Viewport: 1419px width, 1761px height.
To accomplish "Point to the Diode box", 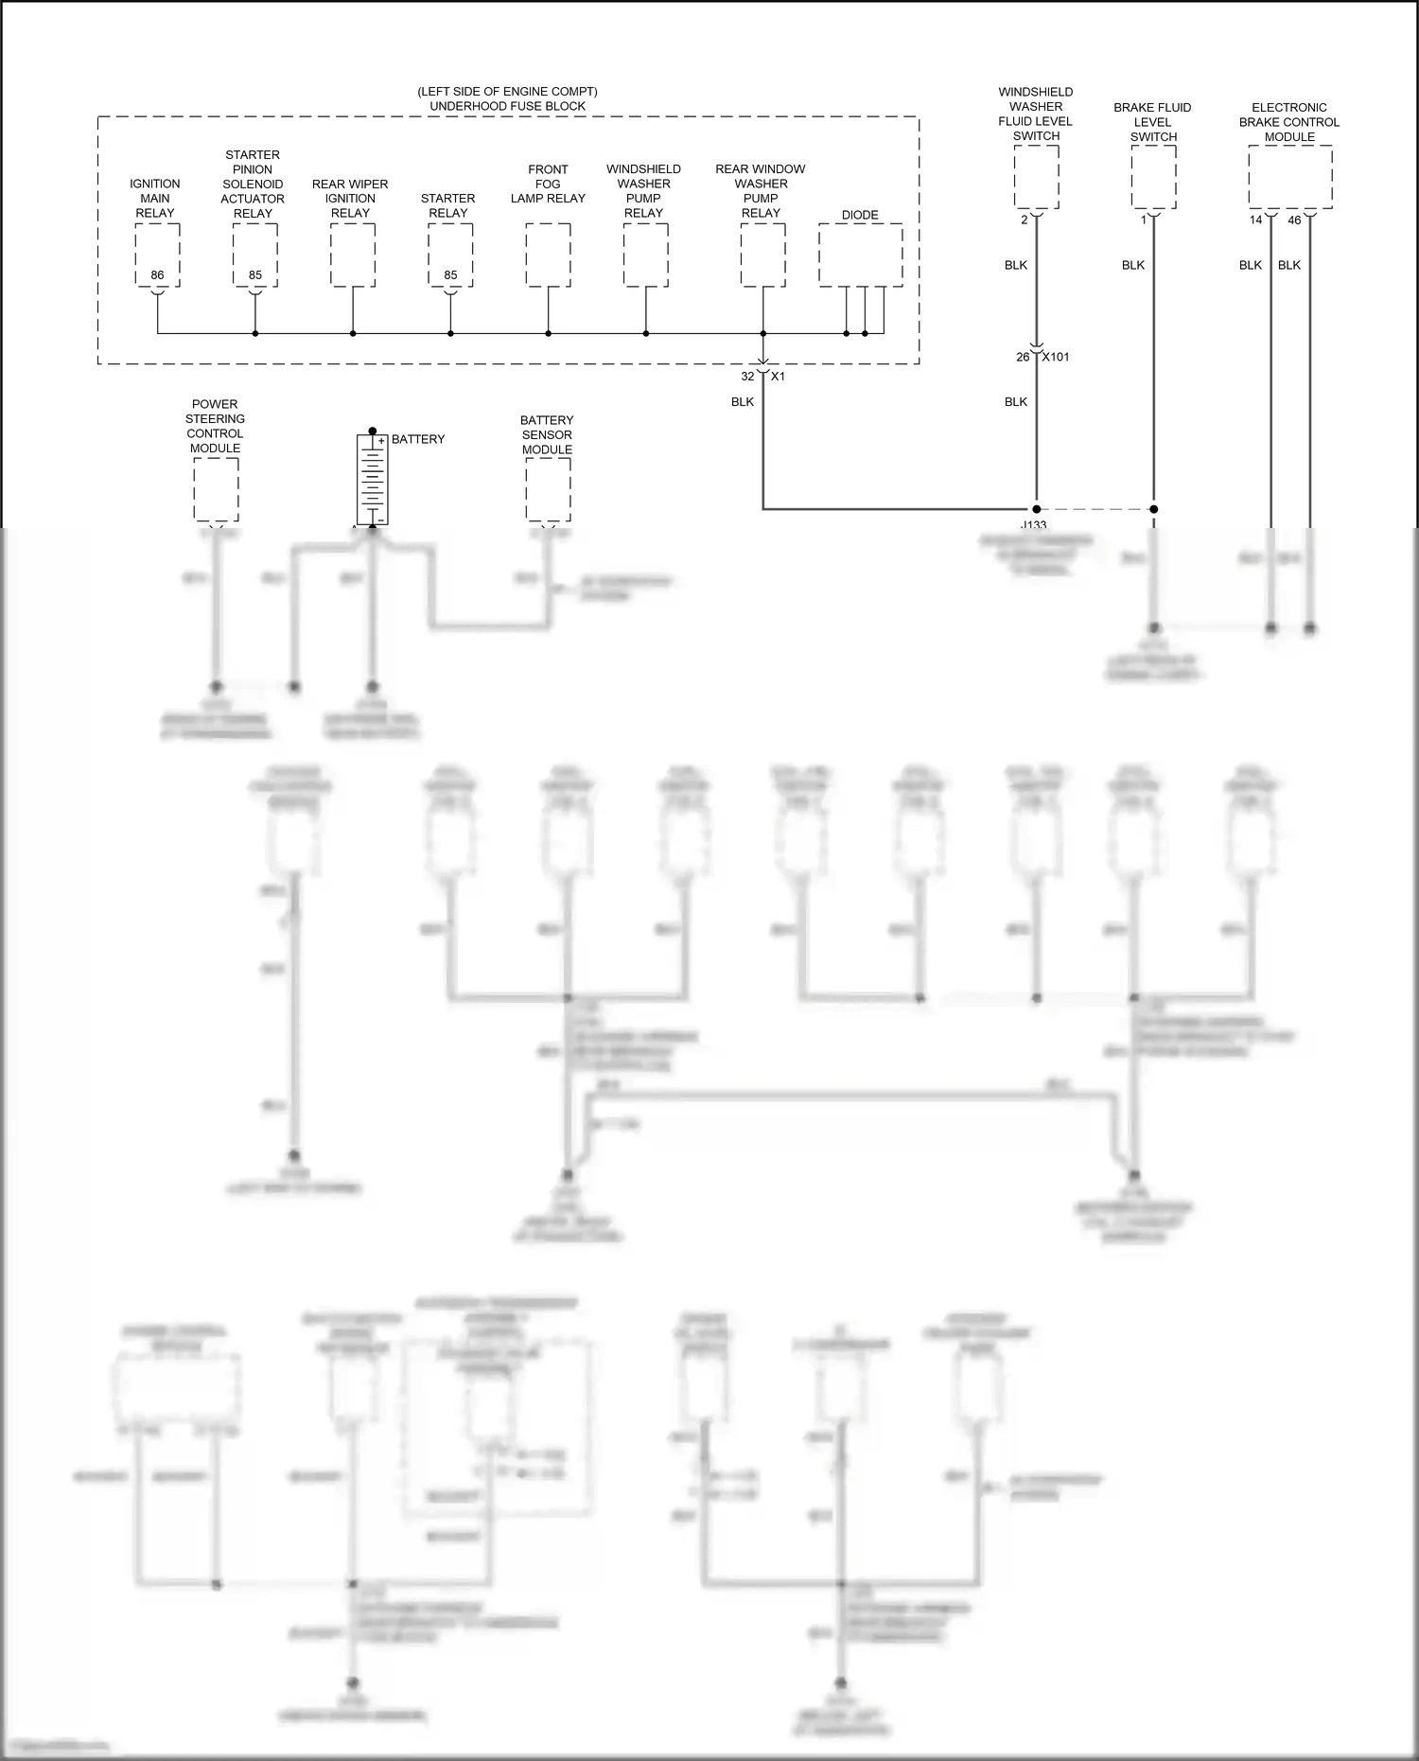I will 860,255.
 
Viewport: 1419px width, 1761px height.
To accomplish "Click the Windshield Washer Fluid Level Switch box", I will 1036,177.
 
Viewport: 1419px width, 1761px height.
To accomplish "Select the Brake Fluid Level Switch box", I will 1153,177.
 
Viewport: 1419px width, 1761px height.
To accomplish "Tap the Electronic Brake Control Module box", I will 1290,177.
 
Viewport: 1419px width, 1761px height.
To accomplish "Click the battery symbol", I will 373,480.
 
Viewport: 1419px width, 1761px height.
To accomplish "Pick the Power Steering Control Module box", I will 216,489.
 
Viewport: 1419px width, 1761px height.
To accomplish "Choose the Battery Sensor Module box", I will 548,489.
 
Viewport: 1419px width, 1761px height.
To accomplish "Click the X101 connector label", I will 1056,357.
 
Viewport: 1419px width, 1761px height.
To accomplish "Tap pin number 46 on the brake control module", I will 1294,220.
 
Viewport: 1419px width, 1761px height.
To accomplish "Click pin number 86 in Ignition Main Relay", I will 157,275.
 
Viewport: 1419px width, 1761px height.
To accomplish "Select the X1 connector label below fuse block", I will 778,376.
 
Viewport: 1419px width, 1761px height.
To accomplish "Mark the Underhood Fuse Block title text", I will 508,106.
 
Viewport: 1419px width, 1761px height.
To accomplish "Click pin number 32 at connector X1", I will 747,376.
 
